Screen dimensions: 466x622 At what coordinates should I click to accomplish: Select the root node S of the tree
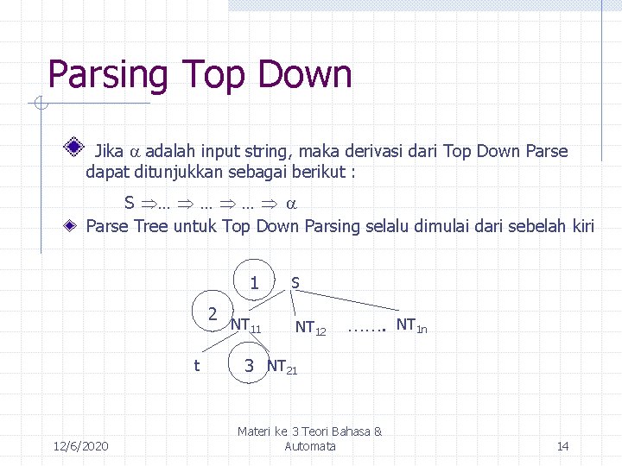coord(295,282)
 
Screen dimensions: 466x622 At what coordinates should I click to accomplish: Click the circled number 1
coord(254,281)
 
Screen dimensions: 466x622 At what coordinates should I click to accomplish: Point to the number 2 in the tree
coord(212,312)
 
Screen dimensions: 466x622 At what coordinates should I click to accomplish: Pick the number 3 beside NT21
coord(249,366)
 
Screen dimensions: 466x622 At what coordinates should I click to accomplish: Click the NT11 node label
coord(245,325)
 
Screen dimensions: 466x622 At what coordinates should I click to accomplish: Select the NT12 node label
coord(310,327)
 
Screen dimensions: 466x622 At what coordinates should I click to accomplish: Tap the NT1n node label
coord(410,325)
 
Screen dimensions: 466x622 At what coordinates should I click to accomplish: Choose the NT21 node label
coord(282,367)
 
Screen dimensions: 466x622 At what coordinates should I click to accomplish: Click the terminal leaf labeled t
coord(196,366)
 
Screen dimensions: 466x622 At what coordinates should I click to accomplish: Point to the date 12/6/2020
coord(80,446)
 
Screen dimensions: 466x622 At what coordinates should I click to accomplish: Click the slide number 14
coord(562,446)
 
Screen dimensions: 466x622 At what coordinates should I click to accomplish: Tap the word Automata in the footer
coord(310,446)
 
